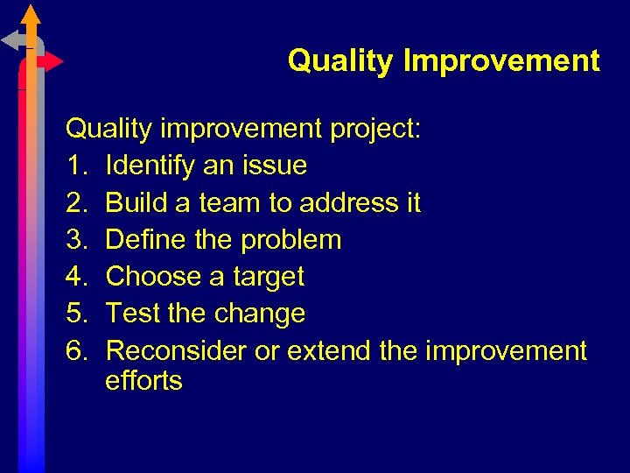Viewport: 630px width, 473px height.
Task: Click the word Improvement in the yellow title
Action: [501, 61]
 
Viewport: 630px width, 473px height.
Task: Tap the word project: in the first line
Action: [375, 130]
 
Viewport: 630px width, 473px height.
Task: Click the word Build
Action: [134, 203]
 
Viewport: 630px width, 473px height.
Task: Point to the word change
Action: [262, 314]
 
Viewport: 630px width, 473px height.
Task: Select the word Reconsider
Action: [176, 351]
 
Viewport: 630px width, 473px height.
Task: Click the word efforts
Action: [143, 381]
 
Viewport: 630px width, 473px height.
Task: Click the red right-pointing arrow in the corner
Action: [52, 62]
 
